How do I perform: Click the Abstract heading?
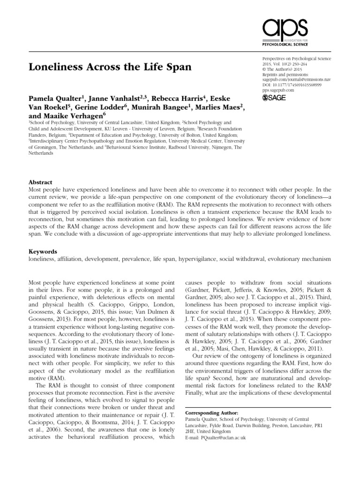(41, 182)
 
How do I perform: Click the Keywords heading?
(43, 251)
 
